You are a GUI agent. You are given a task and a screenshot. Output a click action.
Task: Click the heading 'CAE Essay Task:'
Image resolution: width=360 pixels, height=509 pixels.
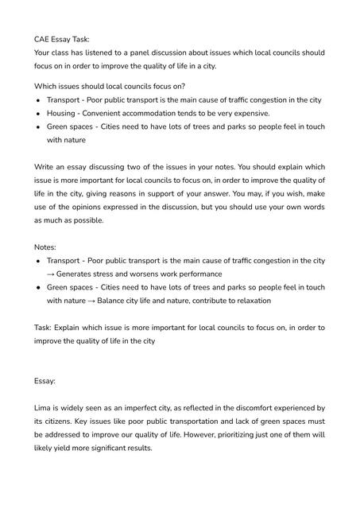click(62, 38)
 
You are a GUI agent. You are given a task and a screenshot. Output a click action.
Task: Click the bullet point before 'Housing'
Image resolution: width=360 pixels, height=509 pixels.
click(38, 113)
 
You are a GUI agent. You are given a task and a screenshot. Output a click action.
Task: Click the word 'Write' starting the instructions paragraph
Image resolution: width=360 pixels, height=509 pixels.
click(45, 167)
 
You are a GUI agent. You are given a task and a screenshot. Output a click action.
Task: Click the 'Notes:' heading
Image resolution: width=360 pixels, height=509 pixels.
click(46, 247)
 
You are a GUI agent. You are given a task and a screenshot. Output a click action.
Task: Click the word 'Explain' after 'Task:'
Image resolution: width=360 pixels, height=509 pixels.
click(70, 328)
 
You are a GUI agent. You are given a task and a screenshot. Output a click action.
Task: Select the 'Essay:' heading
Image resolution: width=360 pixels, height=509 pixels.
click(45, 382)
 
